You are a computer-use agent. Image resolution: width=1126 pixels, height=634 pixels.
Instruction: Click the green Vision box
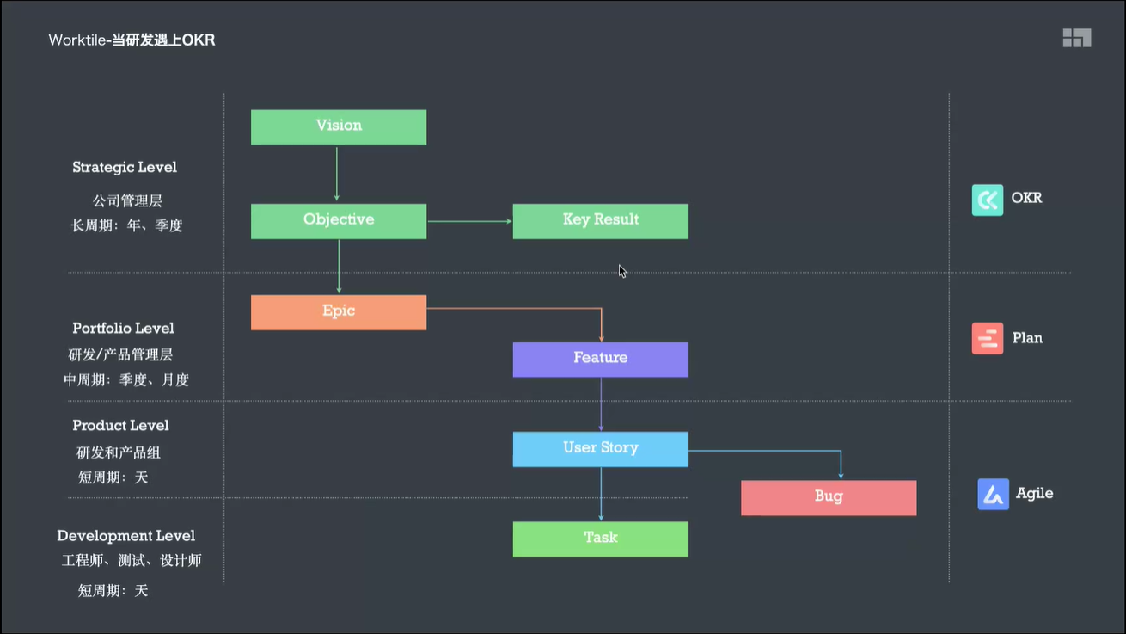[339, 126]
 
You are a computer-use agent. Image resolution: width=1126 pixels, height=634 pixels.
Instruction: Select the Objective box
[339, 221]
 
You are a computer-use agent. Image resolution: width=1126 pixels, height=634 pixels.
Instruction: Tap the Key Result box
[600, 221]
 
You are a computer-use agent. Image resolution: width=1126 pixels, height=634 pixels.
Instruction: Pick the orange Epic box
[339, 312]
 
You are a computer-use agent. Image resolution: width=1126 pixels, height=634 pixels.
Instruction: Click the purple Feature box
[600, 359]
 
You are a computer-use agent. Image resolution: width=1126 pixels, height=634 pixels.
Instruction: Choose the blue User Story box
[600, 449]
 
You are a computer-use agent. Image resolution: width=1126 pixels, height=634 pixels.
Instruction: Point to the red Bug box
[829, 497]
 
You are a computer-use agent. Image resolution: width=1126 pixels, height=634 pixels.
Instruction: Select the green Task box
[600, 539]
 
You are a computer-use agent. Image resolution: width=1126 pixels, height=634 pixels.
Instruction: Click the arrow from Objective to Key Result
[469, 221]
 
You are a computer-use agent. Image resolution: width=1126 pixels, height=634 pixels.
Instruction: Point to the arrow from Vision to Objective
[337, 174]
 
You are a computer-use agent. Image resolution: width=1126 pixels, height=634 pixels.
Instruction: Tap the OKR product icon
[987, 200]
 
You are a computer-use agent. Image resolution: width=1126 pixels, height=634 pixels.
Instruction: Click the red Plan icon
[987, 339]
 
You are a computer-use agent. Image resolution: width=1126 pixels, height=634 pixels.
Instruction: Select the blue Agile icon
[993, 495]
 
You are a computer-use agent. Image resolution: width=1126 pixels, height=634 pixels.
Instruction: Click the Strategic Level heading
[125, 168]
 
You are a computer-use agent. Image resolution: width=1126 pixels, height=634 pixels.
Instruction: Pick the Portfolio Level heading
[123, 329]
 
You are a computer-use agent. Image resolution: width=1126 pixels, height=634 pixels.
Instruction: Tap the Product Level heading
[120, 426]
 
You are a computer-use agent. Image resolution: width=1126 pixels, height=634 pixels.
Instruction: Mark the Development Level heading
[125, 536]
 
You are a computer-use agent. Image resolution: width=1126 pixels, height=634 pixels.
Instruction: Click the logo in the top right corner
[1076, 38]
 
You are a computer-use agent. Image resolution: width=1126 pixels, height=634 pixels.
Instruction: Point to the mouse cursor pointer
[622, 271]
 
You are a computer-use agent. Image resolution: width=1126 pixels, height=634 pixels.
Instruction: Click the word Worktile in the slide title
[77, 40]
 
